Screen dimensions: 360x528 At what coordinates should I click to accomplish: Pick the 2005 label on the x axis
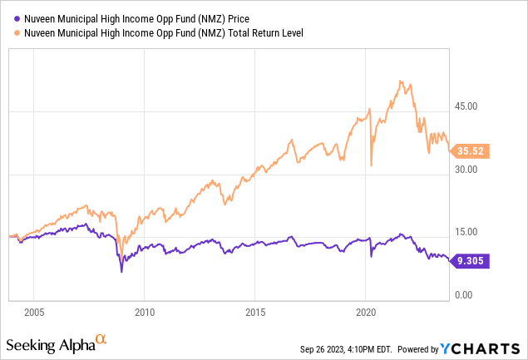pyautogui.click(x=33, y=314)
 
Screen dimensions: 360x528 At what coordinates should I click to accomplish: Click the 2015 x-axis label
pyautogui.click(x=255, y=314)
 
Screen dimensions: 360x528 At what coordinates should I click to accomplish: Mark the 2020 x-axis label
pyautogui.click(x=366, y=314)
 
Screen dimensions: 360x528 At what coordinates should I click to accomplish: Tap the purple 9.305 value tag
pyautogui.click(x=472, y=261)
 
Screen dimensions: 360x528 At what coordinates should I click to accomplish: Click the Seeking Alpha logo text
pyautogui.click(x=49, y=344)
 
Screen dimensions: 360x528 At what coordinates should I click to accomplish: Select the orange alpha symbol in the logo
pyautogui.click(x=101, y=339)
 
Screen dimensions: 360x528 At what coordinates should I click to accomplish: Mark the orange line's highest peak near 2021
pyautogui.click(x=401, y=81)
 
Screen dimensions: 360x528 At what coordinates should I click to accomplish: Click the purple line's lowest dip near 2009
pyautogui.click(x=121, y=271)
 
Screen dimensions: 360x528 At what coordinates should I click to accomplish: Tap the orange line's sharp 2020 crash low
pyautogui.click(x=371, y=166)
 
